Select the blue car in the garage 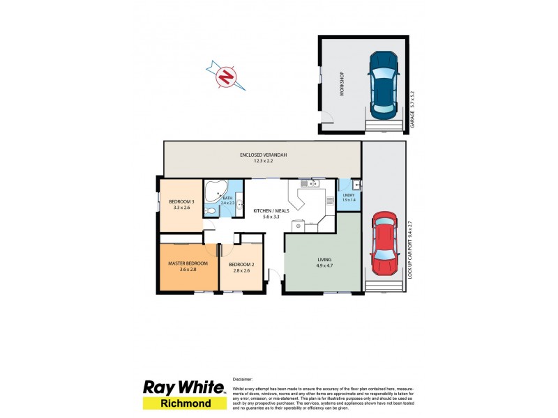point(383,85)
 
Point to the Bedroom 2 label point(241,263)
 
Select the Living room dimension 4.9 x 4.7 point(322,265)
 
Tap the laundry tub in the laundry point(356,184)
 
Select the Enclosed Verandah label point(264,155)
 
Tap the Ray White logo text point(183,388)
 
